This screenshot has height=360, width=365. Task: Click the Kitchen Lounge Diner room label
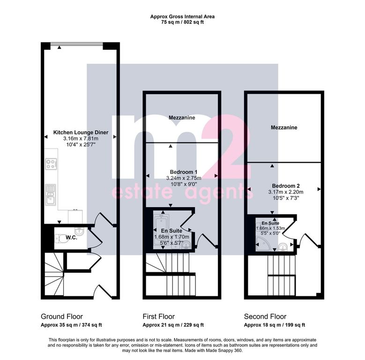tap(81, 133)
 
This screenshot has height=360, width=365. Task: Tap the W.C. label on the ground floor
tap(72, 238)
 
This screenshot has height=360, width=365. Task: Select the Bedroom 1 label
tap(184, 172)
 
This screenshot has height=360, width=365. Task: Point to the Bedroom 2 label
tap(286, 186)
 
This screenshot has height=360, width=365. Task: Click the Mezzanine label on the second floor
tap(284, 127)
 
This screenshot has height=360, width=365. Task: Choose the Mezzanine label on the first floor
tap(182, 118)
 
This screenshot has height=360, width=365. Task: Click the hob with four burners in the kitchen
tap(51, 164)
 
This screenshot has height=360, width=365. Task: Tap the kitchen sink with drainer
tap(51, 195)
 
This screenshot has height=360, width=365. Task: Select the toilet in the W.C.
tap(61, 239)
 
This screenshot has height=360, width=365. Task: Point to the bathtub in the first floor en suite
tap(161, 231)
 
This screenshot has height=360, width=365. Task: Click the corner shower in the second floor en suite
tap(263, 244)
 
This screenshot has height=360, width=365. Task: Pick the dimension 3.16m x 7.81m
tap(81, 139)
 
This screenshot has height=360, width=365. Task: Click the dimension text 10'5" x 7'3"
tap(286, 198)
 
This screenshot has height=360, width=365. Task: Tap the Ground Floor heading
tap(62, 316)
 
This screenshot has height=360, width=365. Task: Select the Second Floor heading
tap(265, 316)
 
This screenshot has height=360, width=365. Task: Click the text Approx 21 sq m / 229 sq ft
tap(173, 325)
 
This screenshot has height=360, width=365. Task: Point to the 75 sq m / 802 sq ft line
tap(183, 22)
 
